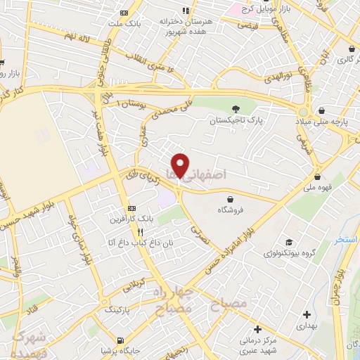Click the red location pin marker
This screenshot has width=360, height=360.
coord(181,165)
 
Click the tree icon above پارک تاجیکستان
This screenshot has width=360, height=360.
coord(236,108)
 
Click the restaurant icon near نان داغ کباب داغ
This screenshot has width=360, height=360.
coord(141,232)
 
